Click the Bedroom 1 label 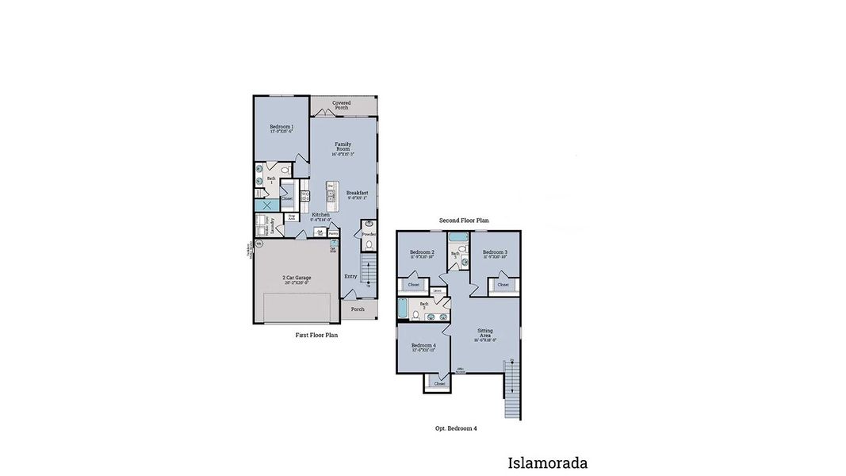pos(281,128)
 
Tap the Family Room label pos(343,148)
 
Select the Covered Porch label pos(341,105)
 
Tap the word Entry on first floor pos(350,276)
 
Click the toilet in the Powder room pos(369,245)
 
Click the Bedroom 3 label pos(495,253)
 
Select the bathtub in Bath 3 pos(458,238)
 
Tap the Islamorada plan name pos(547,463)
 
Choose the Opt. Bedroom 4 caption pos(456,428)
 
